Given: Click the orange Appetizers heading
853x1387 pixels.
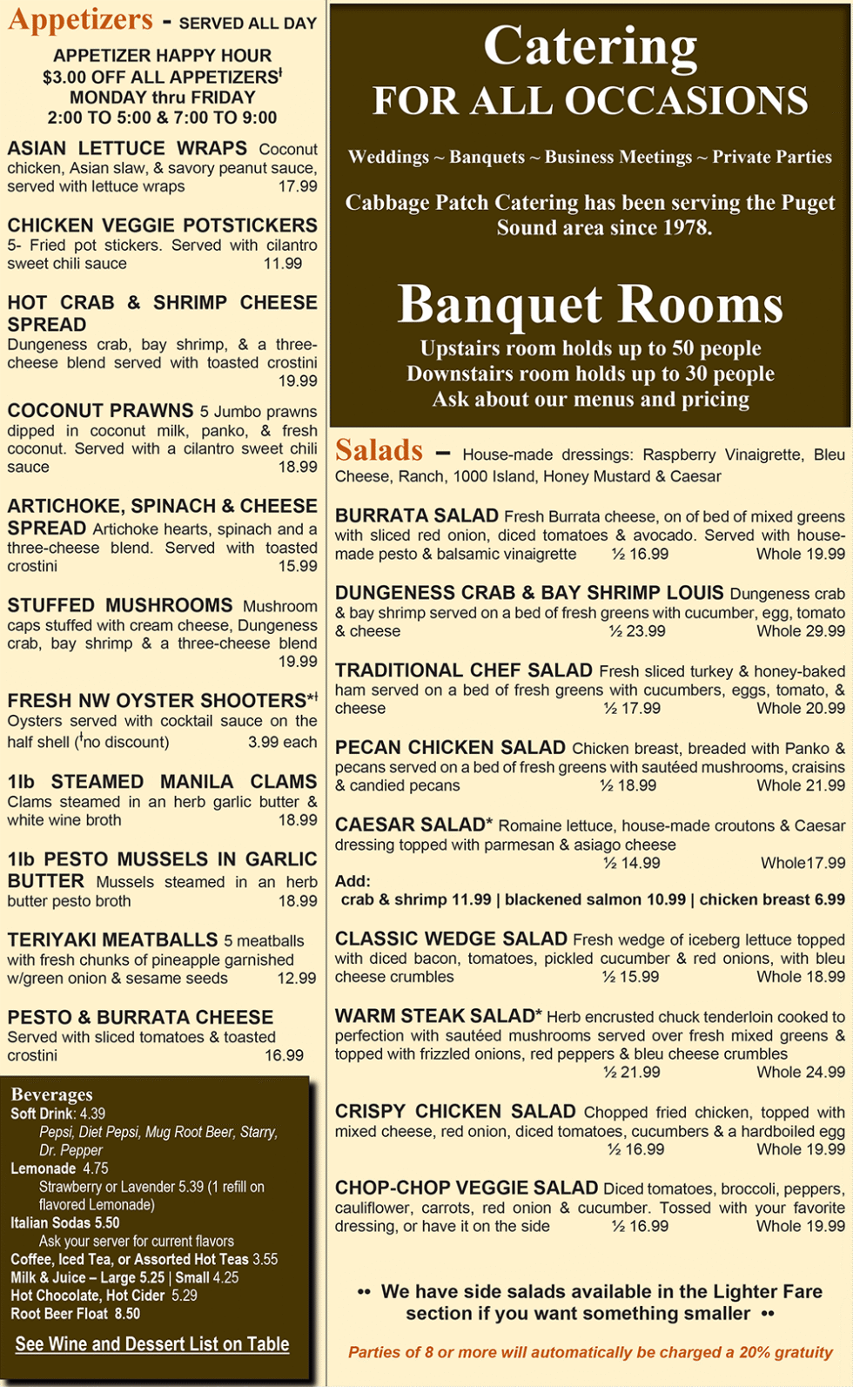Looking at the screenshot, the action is (x=80, y=20).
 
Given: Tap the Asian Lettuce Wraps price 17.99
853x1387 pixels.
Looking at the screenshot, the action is (x=298, y=186).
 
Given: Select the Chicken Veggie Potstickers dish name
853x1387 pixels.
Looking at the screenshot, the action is (x=162, y=226).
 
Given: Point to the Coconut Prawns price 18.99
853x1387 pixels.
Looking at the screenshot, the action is (x=298, y=468).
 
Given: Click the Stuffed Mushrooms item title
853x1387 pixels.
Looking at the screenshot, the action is (x=120, y=605).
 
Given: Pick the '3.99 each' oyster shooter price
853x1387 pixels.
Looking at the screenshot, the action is (x=282, y=743).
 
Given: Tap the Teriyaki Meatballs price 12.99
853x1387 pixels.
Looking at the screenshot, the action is (x=297, y=979).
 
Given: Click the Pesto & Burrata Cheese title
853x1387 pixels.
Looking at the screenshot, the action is (x=140, y=1017).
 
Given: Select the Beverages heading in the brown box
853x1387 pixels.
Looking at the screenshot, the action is (x=51, y=1094).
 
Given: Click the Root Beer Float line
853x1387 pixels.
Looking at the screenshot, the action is (x=75, y=1314).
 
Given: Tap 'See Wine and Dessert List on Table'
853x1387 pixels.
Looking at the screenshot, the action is (x=152, y=1344).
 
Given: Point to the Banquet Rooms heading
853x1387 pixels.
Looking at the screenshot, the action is (x=590, y=304).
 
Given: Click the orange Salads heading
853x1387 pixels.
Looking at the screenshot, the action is (x=379, y=450).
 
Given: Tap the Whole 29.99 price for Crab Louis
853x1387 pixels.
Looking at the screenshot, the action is (x=800, y=631).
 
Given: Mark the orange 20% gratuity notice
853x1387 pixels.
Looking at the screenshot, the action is (x=590, y=1352).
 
